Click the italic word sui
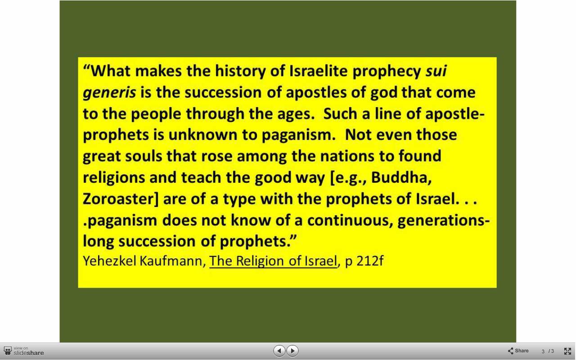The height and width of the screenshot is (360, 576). (x=436, y=71)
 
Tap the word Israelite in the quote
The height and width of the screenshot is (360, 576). (x=318, y=71)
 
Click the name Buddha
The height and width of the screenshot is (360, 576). (x=401, y=178)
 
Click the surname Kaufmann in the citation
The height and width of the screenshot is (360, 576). (x=172, y=261)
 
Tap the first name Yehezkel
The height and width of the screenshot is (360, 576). (x=110, y=261)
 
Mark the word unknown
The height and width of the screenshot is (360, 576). (x=202, y=135)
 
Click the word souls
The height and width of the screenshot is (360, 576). (x=144, y=156)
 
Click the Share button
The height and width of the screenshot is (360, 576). (x=518, y=351)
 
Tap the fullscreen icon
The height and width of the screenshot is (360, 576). (x=567, y=351)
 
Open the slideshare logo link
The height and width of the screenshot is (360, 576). (x=24, y=351)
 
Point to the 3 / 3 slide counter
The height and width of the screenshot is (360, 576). (x=548, y=351)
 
